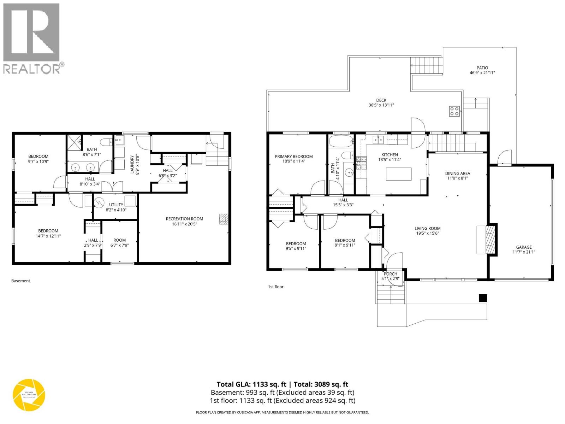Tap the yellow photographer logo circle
tap(29, 395)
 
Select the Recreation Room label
tap(184, 219)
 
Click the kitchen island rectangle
tap(399, 174)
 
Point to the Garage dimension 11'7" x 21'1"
tap(524, 252)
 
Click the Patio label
tap(482, 68)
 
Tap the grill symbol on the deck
tap(454, 111)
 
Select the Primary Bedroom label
tap(294, 157)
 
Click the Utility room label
tap(116, 205)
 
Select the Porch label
tap(390, 274)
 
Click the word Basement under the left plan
tap(21, 281)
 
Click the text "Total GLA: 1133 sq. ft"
tap(251, 384)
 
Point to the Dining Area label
tap(457, 173)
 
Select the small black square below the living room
tap(483, 298)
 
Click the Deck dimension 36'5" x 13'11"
tap(381, 105)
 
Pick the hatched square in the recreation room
tap(223, 219)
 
